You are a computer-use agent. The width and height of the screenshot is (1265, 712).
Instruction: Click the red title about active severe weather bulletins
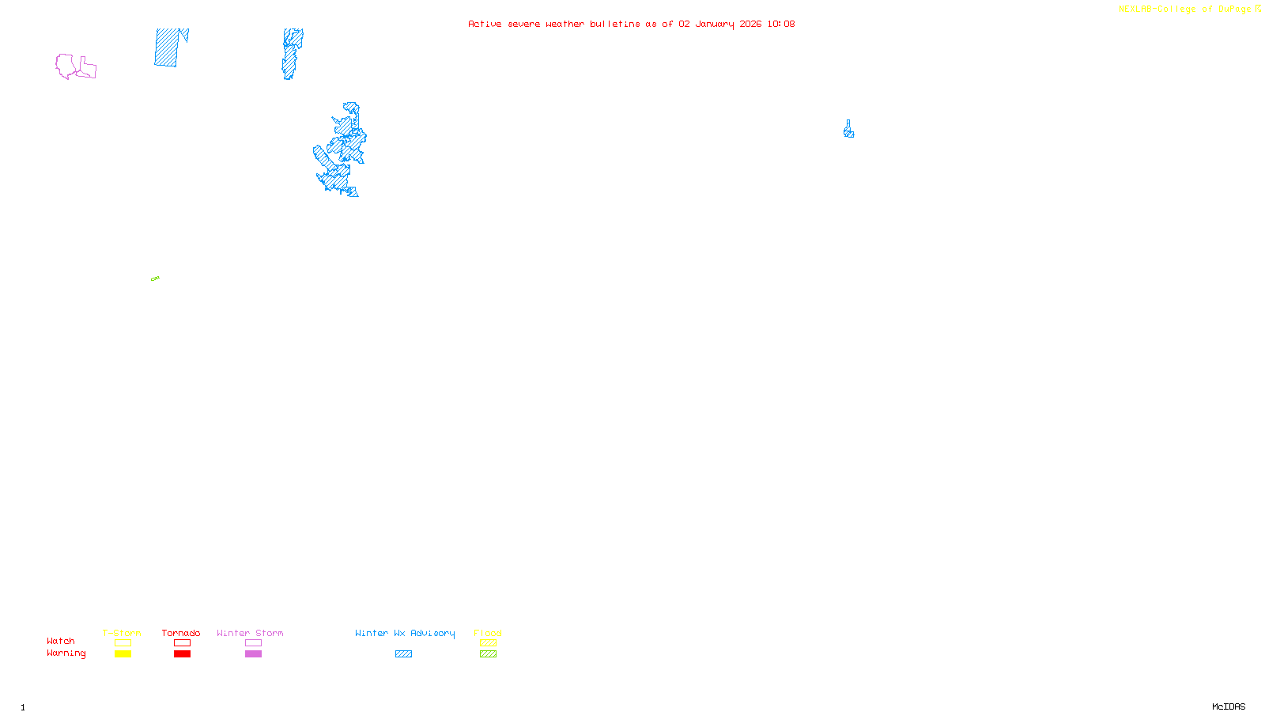click(x=631, y=24)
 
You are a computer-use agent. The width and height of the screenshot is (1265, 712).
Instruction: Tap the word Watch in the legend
click(x=60, y=641)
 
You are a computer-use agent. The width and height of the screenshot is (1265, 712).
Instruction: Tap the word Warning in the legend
click(x=66, y=653)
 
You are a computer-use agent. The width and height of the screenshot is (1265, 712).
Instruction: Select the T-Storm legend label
click(x=122, y=633)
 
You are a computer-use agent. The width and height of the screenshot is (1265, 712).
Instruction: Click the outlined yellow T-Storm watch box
click(x=123, y=643)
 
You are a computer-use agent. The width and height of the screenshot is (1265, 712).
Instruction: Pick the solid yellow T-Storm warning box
click(x=123, y=654)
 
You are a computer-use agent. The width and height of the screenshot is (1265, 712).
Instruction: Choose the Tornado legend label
click(x=181, y=633)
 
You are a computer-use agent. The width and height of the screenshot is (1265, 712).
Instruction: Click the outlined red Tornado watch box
click(x=182, y=643)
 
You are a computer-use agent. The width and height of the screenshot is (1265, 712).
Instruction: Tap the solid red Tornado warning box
click(x=182, y=654)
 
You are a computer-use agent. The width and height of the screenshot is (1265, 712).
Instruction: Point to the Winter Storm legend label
click(x=250, y=633)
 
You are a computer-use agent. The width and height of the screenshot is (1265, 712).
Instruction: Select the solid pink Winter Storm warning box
click(x=253, y=654)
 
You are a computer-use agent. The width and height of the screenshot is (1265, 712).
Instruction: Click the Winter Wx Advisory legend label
click(x=405, y=633)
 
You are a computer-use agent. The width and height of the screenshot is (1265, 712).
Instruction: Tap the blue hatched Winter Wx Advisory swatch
click(x=403, y=654)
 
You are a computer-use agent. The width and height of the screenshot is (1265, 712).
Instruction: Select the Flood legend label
click(x=488, y=633)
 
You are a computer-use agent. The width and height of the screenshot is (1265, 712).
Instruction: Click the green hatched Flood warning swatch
click(x=488, y=654)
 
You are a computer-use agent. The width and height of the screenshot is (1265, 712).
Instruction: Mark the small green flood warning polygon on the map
click(x=155, y=278)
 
